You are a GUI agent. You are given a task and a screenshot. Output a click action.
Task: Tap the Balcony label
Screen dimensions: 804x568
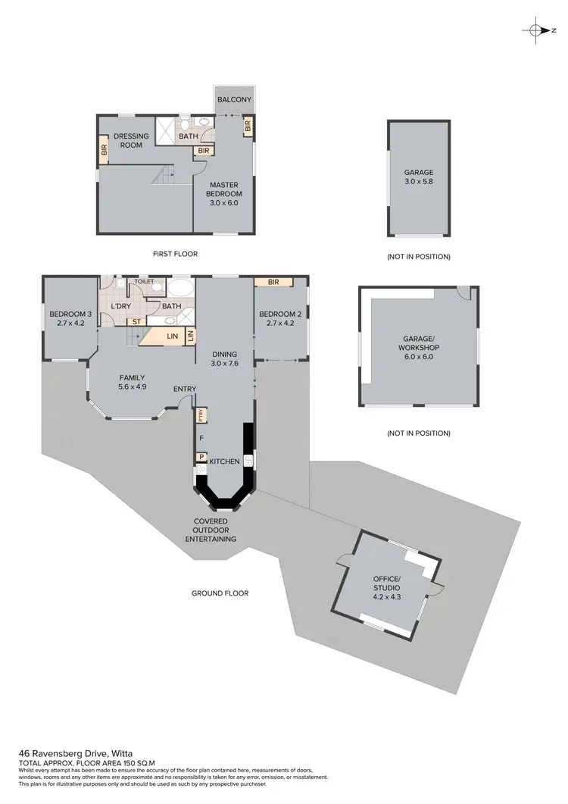tap(234, 100)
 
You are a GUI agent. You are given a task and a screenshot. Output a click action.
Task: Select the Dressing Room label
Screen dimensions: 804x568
tap(131, 141)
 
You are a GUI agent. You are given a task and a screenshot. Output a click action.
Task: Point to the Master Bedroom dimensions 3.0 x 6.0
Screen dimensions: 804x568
tap(223, 203)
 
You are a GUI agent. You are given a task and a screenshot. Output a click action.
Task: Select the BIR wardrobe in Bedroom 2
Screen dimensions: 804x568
tap(274, 282)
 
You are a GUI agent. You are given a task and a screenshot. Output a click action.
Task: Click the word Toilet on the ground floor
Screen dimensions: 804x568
tap(144, 282)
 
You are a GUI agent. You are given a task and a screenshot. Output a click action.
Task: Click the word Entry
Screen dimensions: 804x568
tap(185, 389)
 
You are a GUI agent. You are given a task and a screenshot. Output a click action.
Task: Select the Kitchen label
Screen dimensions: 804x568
tap(225, 461)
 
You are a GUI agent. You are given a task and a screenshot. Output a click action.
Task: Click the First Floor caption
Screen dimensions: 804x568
tap(174, 254)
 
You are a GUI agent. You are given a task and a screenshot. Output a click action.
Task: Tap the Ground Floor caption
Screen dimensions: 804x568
tap(220, 593)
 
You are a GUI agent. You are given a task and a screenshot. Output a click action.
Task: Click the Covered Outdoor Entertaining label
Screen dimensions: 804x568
tap(211, 530)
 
